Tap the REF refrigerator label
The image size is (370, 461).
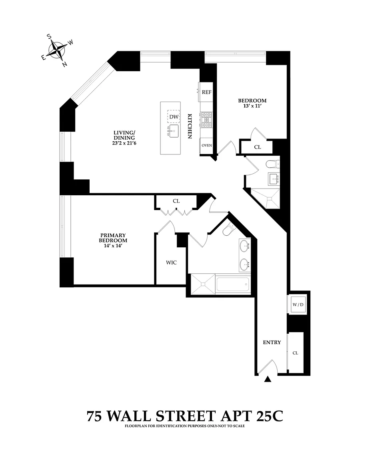(206, 92)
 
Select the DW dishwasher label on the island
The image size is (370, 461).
(173, 116)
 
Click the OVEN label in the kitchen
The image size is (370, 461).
(206, 145)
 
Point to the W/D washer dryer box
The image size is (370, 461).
(298, 305)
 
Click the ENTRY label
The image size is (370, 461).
(272, 343)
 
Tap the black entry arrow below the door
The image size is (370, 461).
(268, 379)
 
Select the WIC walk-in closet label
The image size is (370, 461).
(171, 263)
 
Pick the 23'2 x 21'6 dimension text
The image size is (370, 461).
(125, 143)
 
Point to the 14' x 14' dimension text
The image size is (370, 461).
(113, 246)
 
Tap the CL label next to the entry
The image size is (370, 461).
(295, 353)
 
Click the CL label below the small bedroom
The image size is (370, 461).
(258, 147)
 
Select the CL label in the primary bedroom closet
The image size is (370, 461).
(176, 201)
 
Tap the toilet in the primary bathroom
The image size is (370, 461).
(229, 230)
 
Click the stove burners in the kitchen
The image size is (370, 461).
(207, 119)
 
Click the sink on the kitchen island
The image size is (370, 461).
(173, 131)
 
